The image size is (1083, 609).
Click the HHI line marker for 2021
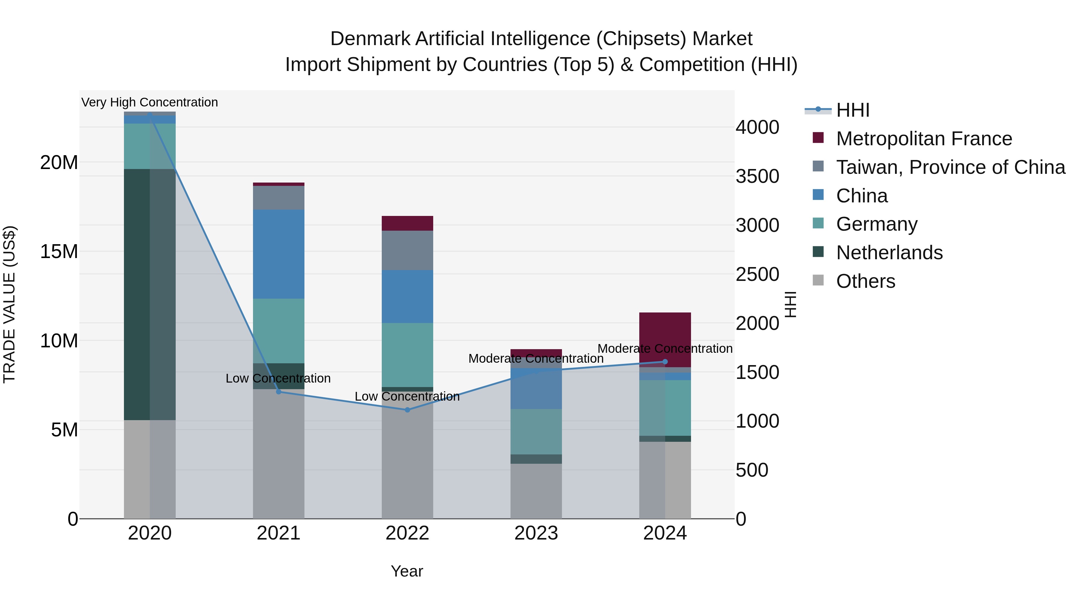point(278,392)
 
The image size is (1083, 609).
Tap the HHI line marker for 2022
point(407,410)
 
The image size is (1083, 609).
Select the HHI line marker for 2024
point(665,361)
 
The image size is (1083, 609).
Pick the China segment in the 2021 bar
point(278,254)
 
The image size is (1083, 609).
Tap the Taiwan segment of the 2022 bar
point(407,250)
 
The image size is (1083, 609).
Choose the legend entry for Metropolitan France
point(923,139)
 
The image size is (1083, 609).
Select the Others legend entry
point(865,281)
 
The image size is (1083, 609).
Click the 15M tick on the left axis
point(59,251)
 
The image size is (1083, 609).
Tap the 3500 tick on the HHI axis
point(757,176)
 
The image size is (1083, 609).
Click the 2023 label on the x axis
point(536,533)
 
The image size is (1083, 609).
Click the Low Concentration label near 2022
point(407,396)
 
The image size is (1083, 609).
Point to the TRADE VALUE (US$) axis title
point(9,304)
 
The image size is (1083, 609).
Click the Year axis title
point(406,571)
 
